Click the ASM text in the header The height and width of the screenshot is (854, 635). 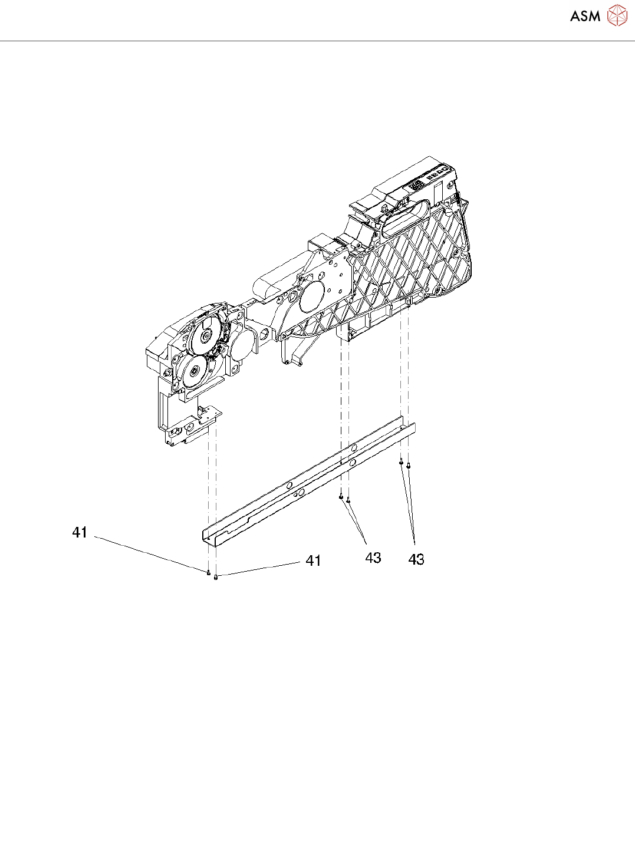click(x=585, y=17)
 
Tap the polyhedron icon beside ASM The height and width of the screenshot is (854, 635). click(x=617, y=15)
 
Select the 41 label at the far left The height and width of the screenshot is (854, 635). click(x=80, y=532)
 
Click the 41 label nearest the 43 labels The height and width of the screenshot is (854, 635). click(x=313, y=560)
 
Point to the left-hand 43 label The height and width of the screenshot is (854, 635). click(x=373, y=558)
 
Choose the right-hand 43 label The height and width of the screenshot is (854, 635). click(x=416, y=559)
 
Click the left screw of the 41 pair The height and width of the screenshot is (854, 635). click(x=208, y=571)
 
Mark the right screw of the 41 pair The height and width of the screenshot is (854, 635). click(x=216, y=577)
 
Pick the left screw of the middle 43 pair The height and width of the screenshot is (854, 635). click(x=341, y=497)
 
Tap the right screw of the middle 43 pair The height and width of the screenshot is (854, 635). click(x=348, y=501)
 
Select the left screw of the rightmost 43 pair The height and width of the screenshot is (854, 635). click(x=401, y=461)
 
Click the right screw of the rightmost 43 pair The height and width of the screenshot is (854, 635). click(x=408, y=466)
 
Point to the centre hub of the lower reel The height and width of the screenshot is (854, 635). click(x=193, y=372)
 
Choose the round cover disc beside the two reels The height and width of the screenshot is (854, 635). click(x=242, y=347)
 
